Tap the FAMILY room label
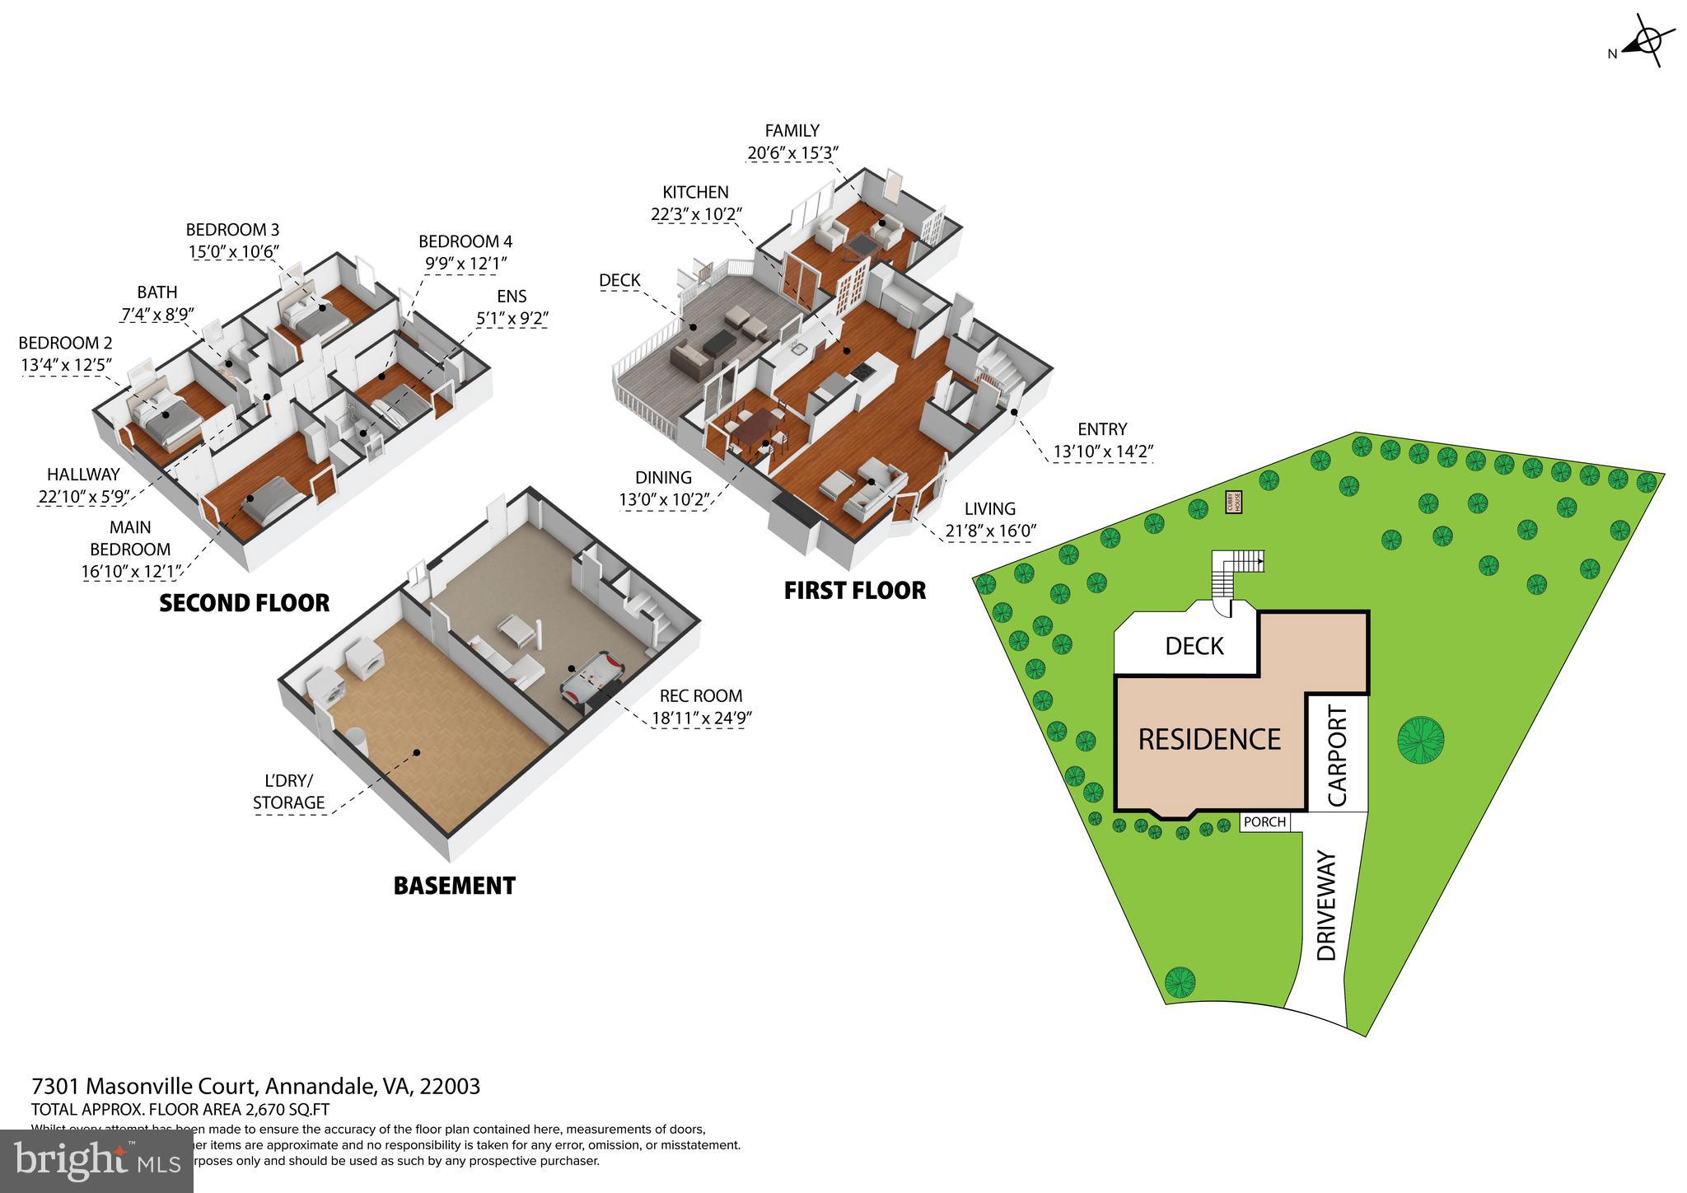click(792, 130)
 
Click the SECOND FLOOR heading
click(244, 603)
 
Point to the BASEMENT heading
click(454, 886)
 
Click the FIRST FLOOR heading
click(854, 591)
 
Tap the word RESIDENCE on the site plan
click(1208, 739)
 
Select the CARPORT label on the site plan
click(1338, 756)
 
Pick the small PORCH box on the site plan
click(1264, 821)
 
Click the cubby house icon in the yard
click(1233, 502)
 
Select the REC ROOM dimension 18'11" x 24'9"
click(701, 718)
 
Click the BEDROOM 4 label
click(465, 241)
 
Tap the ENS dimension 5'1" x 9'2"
click(512, 317)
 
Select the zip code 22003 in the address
click(450, 1086)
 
